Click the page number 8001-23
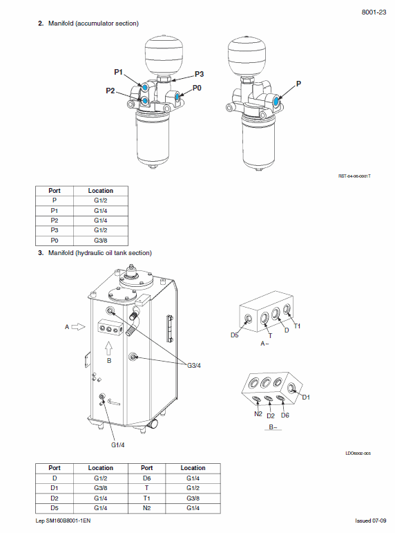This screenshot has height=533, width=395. (374, 12)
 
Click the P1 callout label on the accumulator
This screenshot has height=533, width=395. (118, 73)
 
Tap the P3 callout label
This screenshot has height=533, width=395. (199, 74)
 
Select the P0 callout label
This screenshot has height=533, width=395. (197, 88)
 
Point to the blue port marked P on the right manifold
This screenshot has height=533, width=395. (277, 101)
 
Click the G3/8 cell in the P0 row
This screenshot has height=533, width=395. (100, 240)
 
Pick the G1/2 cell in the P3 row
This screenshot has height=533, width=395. (100, 230)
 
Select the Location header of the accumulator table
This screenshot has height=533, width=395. (100, 191)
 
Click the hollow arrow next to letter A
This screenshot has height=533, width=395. (77, 326)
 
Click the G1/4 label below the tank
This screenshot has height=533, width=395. (118, 445)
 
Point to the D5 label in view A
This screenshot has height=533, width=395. (235, 335)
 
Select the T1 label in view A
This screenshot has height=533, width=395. (298, 326)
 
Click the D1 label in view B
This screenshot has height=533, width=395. (307, 397)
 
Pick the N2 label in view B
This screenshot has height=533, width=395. (257, 414)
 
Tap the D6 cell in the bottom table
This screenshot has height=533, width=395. (146, 478)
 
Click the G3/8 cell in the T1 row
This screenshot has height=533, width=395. (193, 497)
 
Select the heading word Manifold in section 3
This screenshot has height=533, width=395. (62, 253)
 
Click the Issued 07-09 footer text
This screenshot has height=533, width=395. (371, 521)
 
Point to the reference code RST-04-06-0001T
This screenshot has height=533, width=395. (354, 176)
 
